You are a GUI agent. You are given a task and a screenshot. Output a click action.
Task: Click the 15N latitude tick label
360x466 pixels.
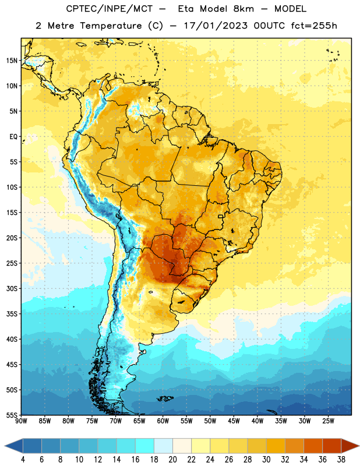click(x=12, y=61)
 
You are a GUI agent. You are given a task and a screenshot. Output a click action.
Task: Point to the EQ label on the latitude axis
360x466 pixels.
click(x=13, y=137)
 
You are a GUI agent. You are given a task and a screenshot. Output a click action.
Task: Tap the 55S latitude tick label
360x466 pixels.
click(x=12, y=415)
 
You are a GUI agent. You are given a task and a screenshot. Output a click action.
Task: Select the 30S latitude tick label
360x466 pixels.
click(x=12, y=288)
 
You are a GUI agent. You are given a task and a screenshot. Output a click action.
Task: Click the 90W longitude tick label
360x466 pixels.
click(x=22, y=421)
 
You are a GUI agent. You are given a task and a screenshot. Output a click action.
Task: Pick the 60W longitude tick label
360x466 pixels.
click(x=163, y=421)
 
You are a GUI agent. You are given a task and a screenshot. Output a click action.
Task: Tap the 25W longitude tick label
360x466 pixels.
click(x=328, y=421)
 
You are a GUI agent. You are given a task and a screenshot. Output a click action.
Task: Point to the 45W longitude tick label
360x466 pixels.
click(x=234, y=421)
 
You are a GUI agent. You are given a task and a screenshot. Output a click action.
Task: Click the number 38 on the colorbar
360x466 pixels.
click(x=341, y=460)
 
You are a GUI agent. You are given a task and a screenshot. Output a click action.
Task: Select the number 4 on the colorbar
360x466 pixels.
click(x=23, y=460)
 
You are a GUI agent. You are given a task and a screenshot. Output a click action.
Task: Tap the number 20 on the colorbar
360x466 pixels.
click(x=172, y=460)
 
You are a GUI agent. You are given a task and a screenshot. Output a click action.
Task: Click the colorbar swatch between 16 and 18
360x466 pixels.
click(x=145, y=446)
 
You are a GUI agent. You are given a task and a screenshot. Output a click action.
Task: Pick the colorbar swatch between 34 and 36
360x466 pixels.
click(x=313, y=446)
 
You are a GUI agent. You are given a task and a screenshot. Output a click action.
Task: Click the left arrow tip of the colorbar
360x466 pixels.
click(x=5, y=446)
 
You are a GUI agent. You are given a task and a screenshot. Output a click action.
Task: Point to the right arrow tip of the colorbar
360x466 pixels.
click(x=359, y=446)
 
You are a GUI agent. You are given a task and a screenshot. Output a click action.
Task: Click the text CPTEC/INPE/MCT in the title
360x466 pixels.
click(x=110, y=9)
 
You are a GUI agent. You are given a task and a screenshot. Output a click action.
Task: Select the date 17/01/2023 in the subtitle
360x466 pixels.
click(x=216, y=26)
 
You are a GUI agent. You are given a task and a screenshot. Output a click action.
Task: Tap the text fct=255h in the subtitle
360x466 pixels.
click(x=314, y=26)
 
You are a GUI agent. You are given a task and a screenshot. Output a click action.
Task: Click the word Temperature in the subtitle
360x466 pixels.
click(x=111, y=26)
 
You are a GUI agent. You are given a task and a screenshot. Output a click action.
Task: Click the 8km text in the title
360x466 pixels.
click(x=243, y=9)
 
